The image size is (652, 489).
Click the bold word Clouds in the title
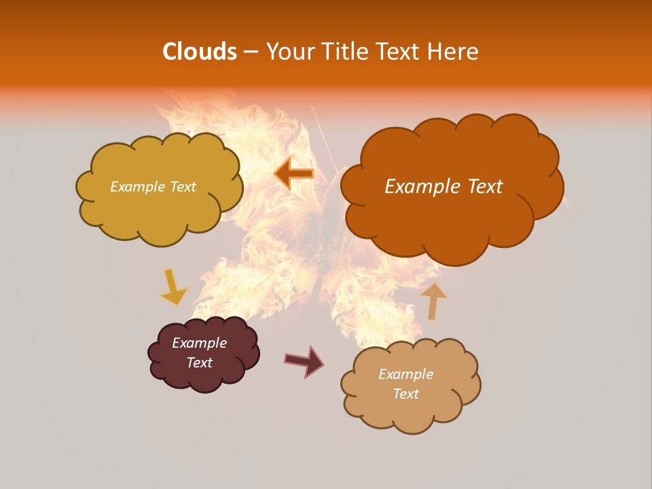tap(199, 51)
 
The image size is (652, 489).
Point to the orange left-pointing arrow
tap(294, 173)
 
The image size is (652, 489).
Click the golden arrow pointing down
tap(173, 287)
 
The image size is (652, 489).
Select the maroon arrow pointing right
tap(304, 361)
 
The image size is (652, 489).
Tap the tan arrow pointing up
tap(433, 301)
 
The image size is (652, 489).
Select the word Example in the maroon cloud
tap(200, 343)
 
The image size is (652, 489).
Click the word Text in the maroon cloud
tap(200, 363)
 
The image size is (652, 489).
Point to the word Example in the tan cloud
tap(406, 374)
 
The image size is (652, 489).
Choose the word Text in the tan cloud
tap(406, 394)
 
